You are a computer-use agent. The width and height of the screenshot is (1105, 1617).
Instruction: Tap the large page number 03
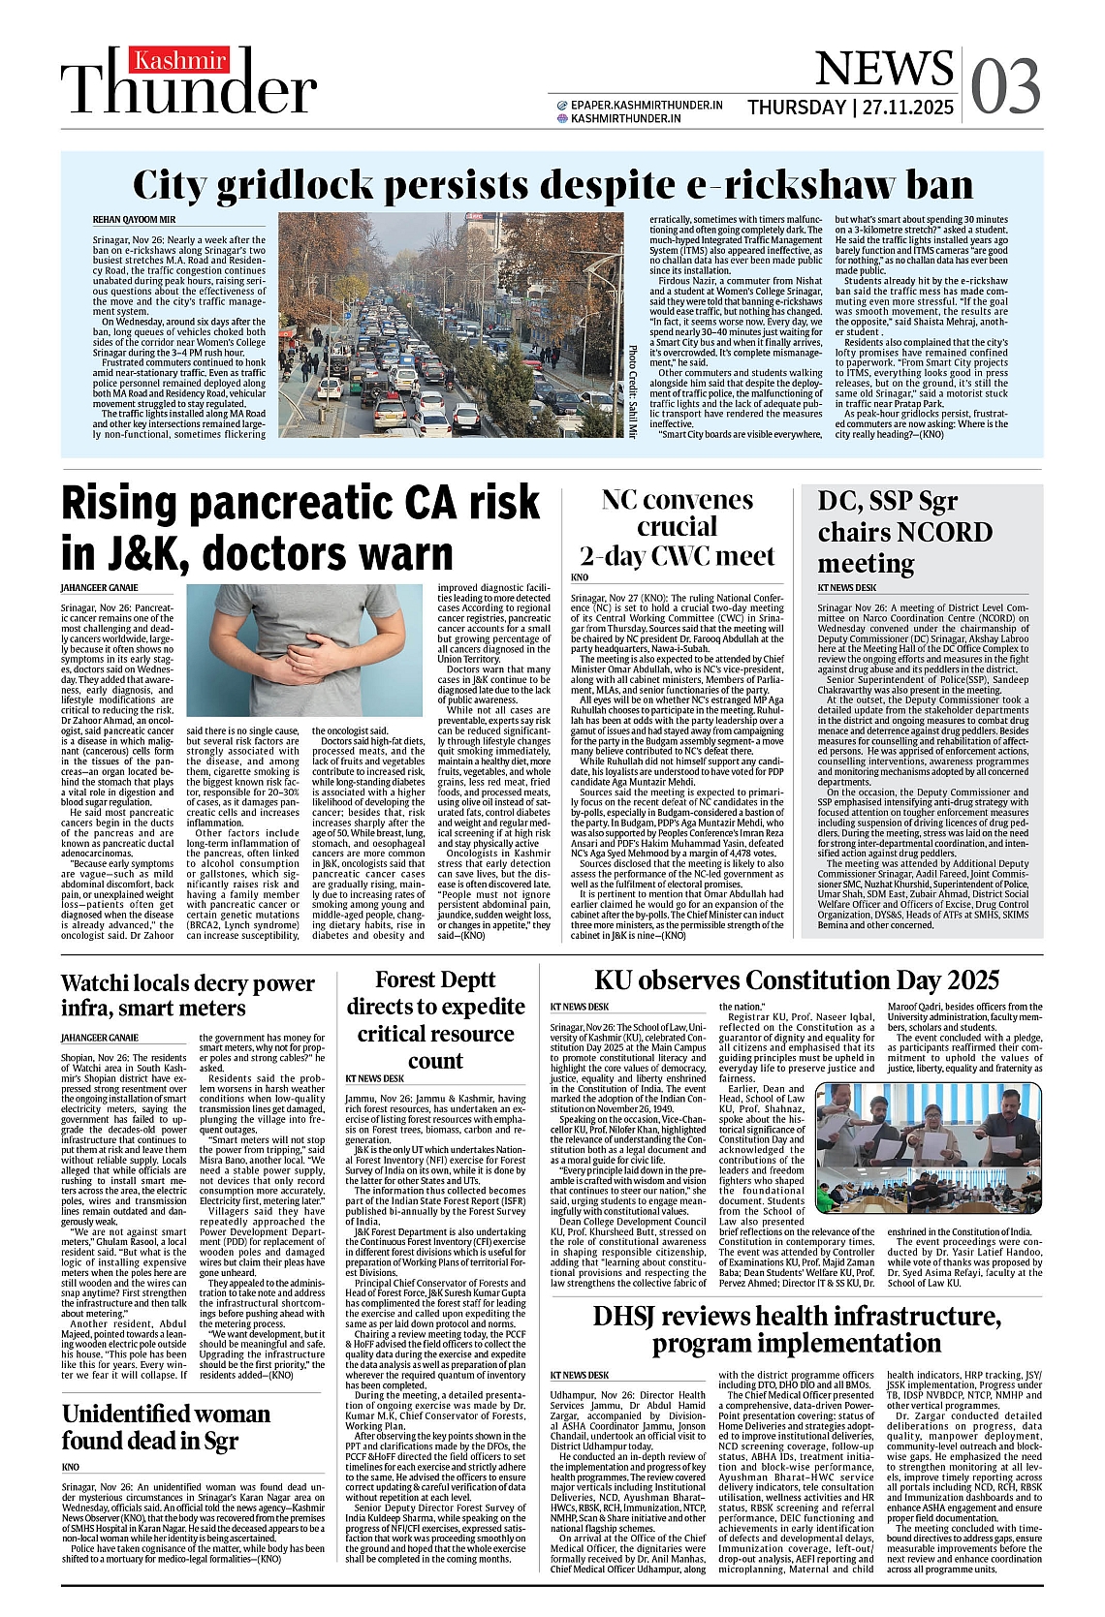click(1005, 86)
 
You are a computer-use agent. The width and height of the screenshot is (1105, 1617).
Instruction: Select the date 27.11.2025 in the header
click(908, 108)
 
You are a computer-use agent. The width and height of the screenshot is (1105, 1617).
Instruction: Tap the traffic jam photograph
click(451, 325)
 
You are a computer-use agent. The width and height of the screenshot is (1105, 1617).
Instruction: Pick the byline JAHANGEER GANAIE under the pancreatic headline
click(99, 587)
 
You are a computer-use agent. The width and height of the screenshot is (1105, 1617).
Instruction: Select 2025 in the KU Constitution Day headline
click(962, 980)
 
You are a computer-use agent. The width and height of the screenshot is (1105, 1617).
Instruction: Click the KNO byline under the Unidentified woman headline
click(71, 1467)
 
